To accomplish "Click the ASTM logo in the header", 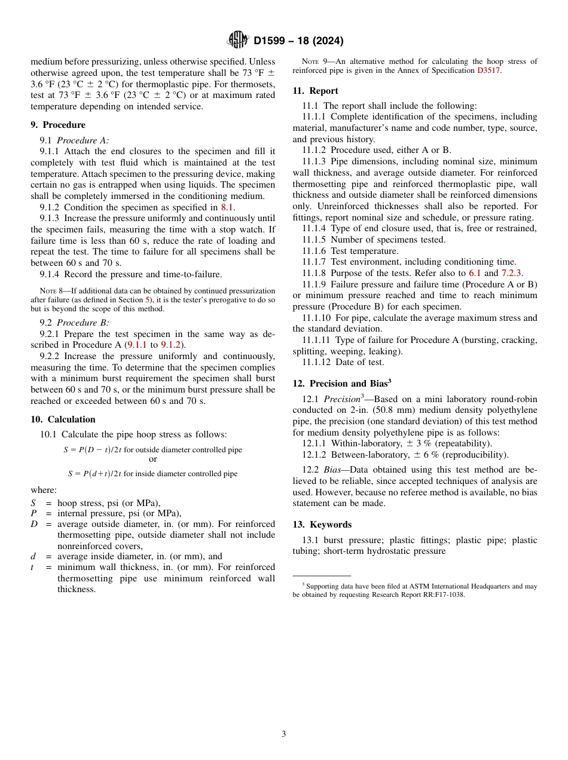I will coord(237,41).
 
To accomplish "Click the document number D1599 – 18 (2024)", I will coord(298,41).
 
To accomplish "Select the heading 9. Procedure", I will coord(58,125).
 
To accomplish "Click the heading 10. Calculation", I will coord(63,419).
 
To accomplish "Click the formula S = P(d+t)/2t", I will coord(94,474).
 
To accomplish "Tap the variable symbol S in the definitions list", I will coord(33,502).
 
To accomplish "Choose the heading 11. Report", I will coord(315,91).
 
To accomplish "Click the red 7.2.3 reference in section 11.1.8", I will coord(511,273).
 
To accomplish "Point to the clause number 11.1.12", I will coord(322,362).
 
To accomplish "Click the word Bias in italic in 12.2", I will coord(332,470).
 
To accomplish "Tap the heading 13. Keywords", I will coord(322,525).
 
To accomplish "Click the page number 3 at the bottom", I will coord(284,734).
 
